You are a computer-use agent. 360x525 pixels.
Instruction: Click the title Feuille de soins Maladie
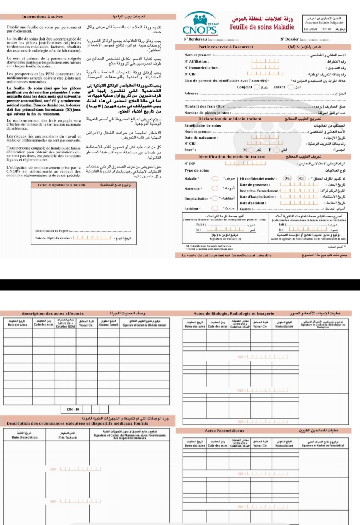click(261, 27)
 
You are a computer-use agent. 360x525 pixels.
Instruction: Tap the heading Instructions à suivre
click(42, 17)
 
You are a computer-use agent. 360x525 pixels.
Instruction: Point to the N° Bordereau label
click(196, 39)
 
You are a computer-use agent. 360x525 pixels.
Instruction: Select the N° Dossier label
click(290, 39)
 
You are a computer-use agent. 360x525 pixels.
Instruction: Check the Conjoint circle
click(257, 87)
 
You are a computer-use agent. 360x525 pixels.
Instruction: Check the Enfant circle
click(291, 87)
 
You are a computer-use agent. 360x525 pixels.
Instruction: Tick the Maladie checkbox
click(215, 178)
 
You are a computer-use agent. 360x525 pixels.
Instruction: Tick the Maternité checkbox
click(215, 188)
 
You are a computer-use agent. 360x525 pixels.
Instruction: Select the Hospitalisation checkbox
click(215, 198)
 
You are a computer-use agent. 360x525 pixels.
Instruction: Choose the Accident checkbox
click(215, 208)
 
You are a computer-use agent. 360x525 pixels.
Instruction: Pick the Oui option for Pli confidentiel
click(288, 178)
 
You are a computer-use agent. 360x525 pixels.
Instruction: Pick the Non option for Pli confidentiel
click(301, 178)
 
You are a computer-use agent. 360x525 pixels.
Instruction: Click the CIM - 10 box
click(73, 409)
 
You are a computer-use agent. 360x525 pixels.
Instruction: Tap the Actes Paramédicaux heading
click(224, 431)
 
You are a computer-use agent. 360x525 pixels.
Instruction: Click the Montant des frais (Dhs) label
click(205, 106)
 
